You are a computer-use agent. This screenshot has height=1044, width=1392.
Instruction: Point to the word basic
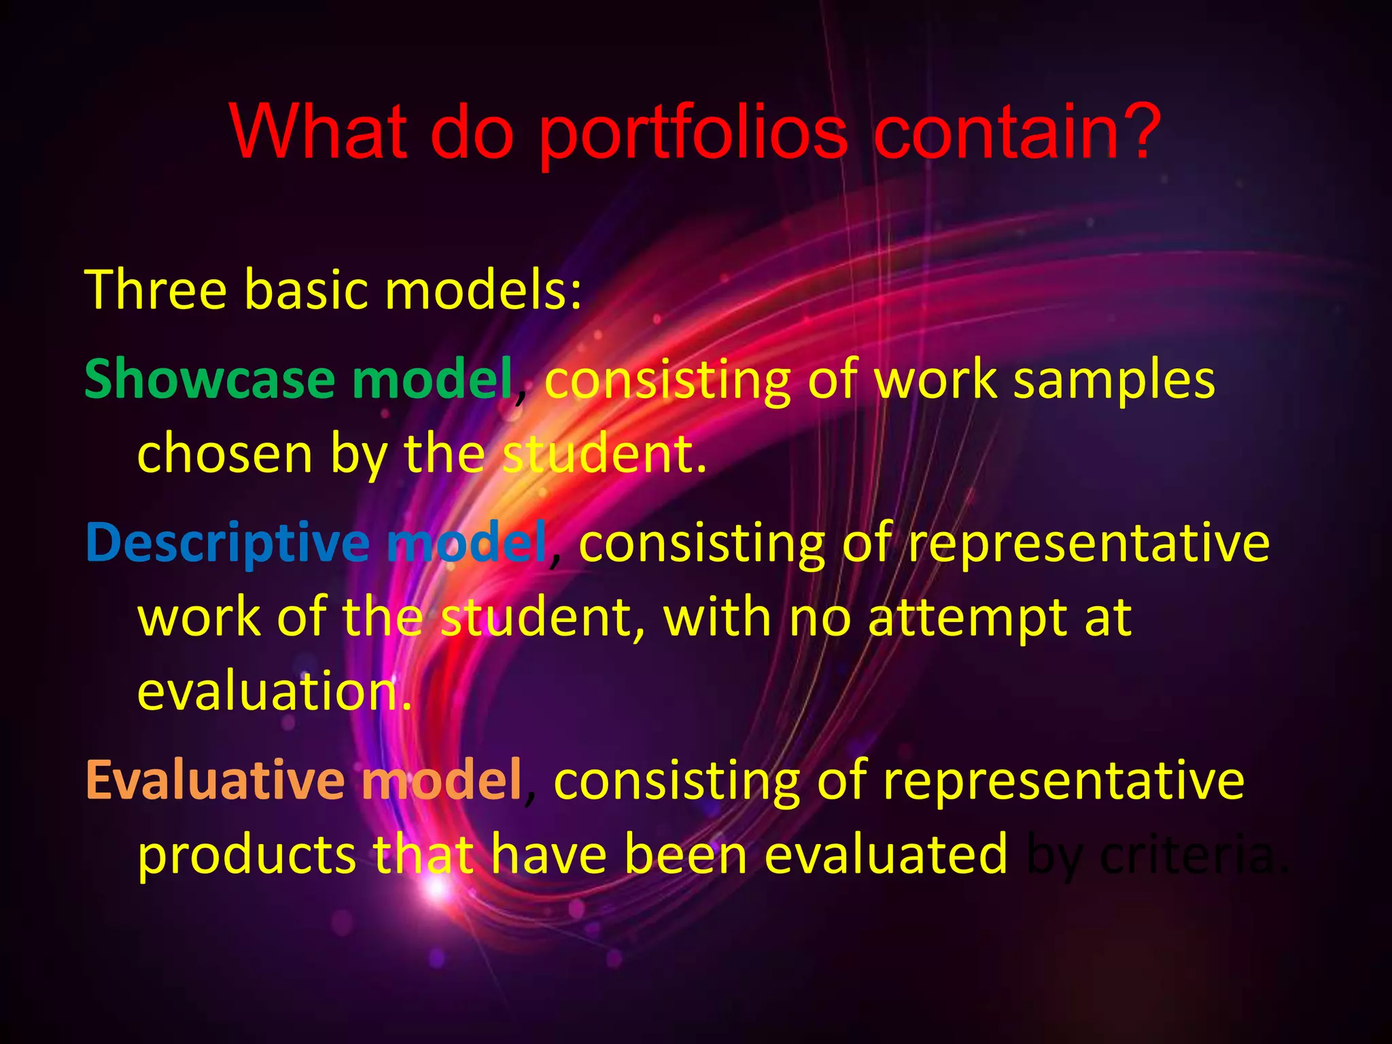[x=309, y=290]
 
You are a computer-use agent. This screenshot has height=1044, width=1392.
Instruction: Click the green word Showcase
[x=209, y=379]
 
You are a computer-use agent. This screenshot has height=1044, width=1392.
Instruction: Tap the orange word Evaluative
[x=215, y=780]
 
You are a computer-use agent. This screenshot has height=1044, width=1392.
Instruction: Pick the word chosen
[x=224, y=454]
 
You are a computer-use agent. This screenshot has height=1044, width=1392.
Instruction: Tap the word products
[x=246, y=855]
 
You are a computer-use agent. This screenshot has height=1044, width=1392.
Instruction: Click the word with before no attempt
[x=716, y=619]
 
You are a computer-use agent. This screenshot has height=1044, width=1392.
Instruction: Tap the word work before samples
[x=935, y=381]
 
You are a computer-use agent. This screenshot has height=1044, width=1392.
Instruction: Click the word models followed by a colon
[x=478, y=290]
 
